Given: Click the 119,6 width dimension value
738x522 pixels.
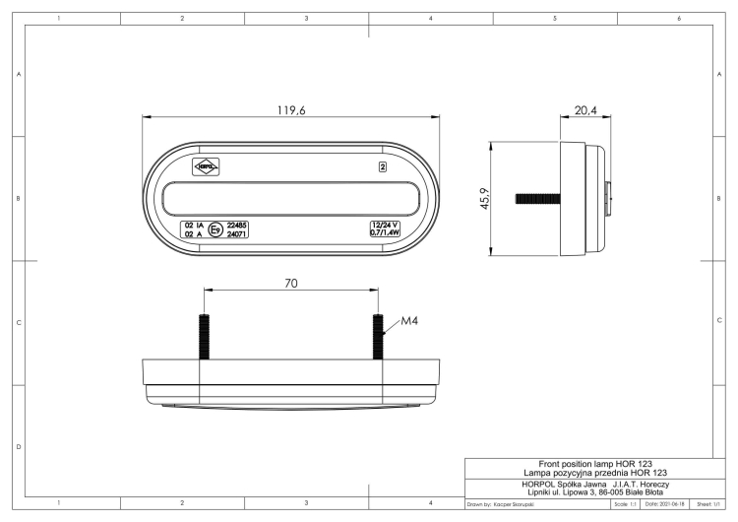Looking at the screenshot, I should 291,110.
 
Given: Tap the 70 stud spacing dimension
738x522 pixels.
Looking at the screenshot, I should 291,283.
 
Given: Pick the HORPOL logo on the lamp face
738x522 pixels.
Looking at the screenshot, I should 206,167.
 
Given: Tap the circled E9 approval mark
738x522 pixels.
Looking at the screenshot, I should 215,230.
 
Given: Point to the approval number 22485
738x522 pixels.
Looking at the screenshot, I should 236,226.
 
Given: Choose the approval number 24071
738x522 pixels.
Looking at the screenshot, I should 236,235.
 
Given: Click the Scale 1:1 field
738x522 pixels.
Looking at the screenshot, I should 625,504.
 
